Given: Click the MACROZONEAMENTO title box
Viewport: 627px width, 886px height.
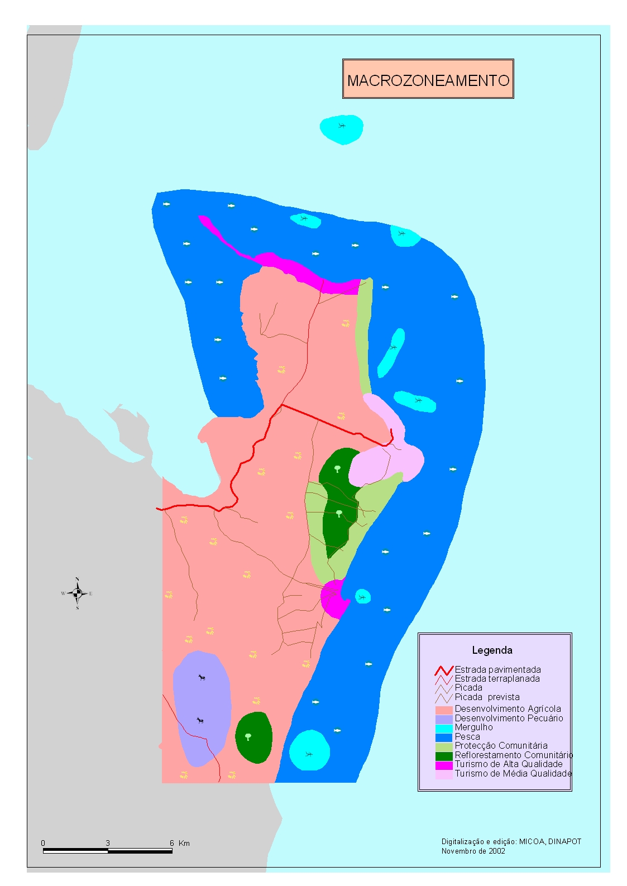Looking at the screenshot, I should coord(428,80).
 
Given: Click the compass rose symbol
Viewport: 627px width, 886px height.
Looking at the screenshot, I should coord(78,593).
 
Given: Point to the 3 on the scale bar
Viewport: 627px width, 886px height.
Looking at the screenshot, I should coord(108,843).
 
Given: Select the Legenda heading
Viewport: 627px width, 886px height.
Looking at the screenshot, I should coord(492,650).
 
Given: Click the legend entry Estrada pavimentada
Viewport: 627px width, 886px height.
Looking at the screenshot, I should coord(497,669).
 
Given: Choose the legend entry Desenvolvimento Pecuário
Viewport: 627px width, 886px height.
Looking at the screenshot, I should coord(509,718).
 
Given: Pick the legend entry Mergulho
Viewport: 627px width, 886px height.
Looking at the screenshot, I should coord(473,727).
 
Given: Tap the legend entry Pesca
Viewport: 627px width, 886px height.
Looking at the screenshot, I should coord(467,737).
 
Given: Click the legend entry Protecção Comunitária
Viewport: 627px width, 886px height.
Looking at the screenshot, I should coord(501,746).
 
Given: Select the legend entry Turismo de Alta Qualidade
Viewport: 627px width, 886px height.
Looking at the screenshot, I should coord(509,764).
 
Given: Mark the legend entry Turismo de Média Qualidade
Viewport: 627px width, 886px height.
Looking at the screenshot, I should coord(513,774).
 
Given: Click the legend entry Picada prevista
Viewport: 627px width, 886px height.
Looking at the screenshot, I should coord(487,697).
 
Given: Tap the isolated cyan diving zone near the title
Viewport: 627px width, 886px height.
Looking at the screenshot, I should coord(342,129).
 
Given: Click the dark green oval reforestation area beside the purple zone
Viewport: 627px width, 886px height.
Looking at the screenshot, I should coord(253,737).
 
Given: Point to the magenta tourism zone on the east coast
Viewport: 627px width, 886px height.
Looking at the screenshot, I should coord(334,598).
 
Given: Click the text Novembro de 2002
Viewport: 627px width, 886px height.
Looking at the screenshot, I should coord(473,851).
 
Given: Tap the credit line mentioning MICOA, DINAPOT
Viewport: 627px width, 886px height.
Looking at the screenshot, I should coord(511,842).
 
